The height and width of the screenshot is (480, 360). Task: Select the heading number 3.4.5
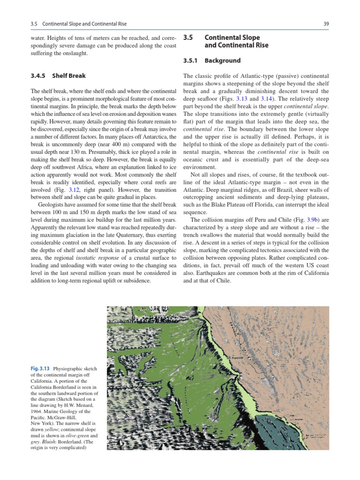39,75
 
